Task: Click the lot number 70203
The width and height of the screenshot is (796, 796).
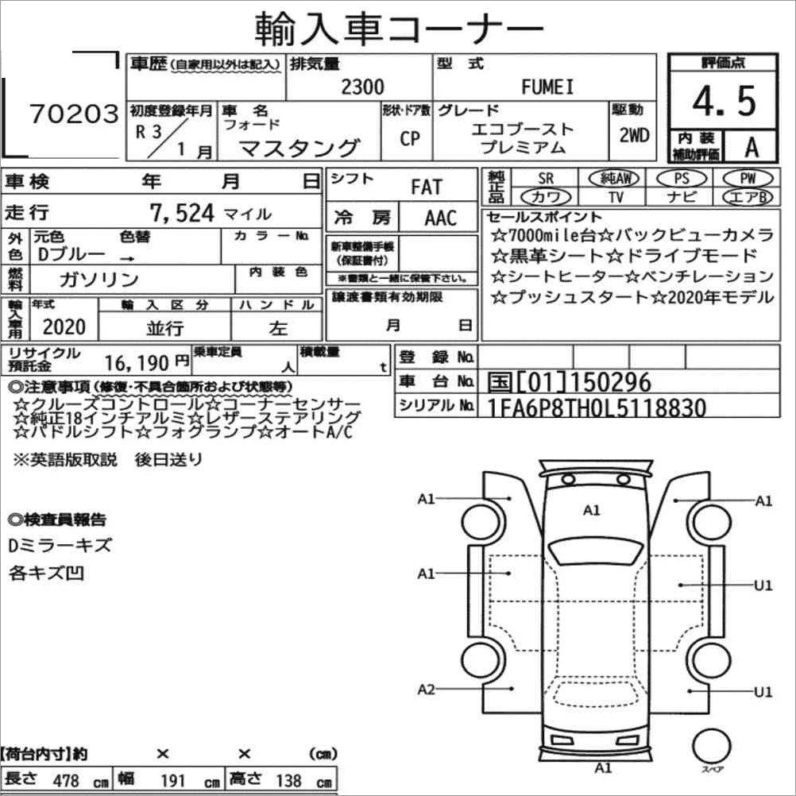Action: point(74,114)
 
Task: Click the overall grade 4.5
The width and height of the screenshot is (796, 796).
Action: point(724,101)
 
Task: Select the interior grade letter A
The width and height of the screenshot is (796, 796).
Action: point(752,147)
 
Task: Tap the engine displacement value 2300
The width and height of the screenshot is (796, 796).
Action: point(362,87)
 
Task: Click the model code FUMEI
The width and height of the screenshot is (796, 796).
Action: point(547,87)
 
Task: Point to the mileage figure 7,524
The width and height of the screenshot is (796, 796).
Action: point(182,213)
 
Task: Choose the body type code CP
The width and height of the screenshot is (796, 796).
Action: point(410,138)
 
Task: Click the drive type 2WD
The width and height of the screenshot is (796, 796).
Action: point(634,135)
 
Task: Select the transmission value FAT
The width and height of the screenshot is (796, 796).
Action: point(427,187)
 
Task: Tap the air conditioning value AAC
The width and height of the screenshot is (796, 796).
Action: point(441,218)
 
